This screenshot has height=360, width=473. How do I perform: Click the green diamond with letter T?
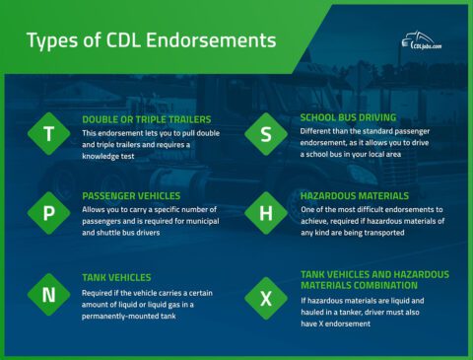point(48,135)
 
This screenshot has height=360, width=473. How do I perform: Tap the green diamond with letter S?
point(266,135)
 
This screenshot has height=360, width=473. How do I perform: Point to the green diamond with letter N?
point(48,293)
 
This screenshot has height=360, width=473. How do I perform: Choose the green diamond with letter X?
point(266,297)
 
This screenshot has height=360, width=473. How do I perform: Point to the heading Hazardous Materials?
point(354,196)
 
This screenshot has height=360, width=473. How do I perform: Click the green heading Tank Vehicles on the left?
point(116,277)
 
